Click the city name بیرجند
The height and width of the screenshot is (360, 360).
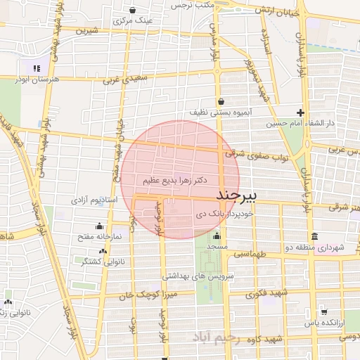point(237,193)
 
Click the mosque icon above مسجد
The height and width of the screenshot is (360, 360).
point(216,236)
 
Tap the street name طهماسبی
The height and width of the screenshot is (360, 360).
point(248,254)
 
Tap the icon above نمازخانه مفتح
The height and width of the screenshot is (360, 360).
point(98,226)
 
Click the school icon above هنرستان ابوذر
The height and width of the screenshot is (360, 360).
point(35,68)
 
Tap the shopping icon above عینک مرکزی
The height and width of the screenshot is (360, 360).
point(133,10)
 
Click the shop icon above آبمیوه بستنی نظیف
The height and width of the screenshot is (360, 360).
point(220,101)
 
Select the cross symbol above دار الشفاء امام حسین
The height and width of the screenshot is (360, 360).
point(300,112)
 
